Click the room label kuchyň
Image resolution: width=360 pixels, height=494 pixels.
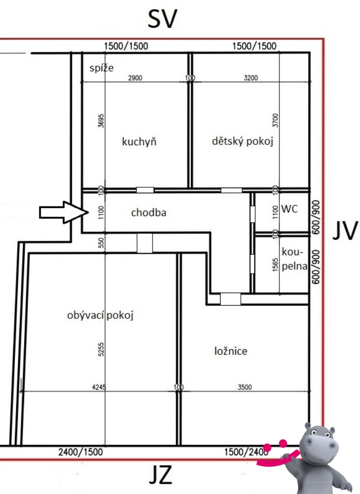pos(139,141)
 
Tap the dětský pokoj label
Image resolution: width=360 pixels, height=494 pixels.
pos(242,141)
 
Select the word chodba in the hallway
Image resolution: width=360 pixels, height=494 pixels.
pos(149,212)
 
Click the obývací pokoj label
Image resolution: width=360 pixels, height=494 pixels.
pos(100,315)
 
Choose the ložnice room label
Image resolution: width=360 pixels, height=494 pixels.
pos(231,351)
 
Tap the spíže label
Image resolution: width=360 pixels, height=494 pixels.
pos(101,68)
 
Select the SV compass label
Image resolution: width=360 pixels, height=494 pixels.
pos(163,19)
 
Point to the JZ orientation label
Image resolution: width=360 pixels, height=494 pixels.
pos(161,475)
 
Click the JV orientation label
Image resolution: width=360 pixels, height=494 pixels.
pos(345,230)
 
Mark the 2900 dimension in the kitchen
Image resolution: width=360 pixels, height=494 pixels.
pos(135,78)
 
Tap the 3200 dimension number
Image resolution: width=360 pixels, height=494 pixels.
pos(250,78)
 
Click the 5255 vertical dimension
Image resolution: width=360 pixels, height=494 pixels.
pos(101,349)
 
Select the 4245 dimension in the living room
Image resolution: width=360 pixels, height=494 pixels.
pos(99,386)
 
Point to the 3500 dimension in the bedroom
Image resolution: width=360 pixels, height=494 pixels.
pos(245,386)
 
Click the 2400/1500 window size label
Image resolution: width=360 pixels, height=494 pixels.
pos(81,452)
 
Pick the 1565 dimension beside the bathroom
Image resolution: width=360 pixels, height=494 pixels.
pos(275,265)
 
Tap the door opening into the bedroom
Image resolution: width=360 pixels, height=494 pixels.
pos(231,299)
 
